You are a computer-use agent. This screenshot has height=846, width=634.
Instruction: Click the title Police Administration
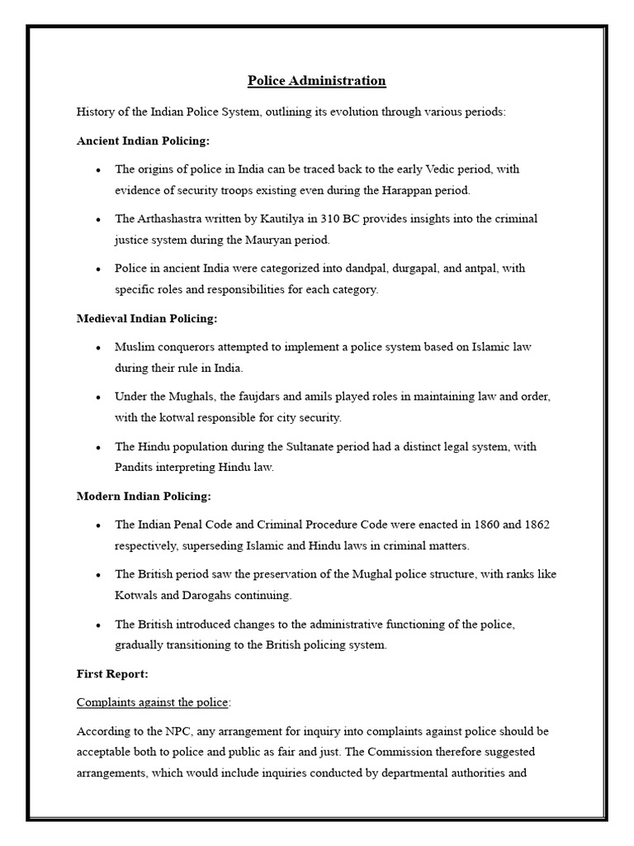click(x=317, y=80)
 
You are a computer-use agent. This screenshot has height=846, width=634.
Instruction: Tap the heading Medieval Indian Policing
click(x=147, y=318)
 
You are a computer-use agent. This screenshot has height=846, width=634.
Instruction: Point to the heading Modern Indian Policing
click(x=144, y=496)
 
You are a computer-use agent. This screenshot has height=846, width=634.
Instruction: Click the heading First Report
click(x=112, y=673)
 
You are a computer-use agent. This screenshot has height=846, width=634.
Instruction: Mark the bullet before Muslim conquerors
click(x=98, y=348)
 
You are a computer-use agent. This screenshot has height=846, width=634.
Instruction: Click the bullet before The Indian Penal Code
click(x=98, y=525)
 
